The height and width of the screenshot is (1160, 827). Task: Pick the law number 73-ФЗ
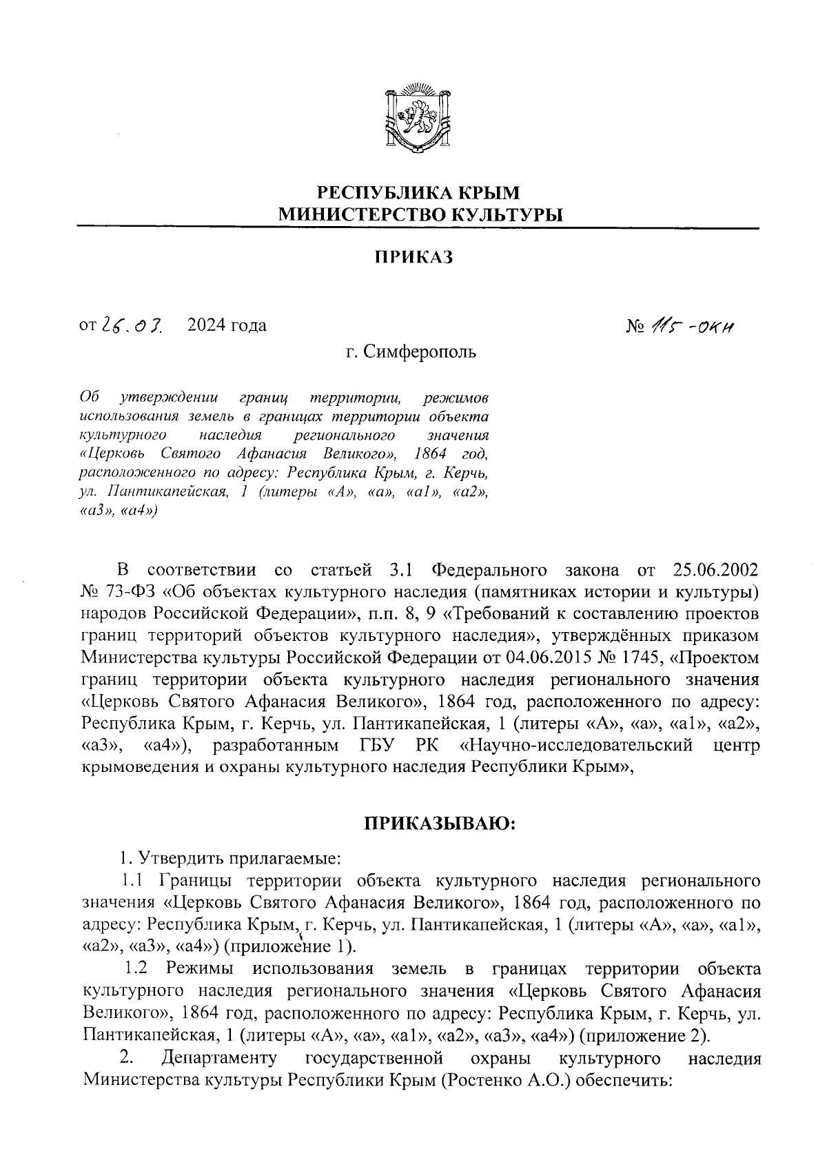(132, 591)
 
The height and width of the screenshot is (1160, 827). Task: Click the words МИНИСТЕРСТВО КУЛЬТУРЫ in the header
(420, 214)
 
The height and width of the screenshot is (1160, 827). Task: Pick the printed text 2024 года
(227, 325)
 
